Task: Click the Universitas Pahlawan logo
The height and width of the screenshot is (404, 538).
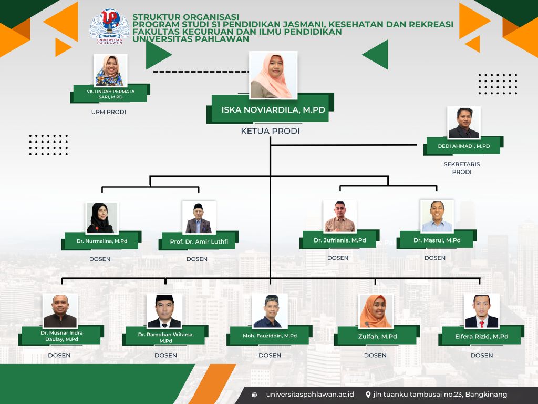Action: (109, 26)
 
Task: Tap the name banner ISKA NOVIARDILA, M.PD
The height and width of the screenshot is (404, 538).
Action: (271, 109)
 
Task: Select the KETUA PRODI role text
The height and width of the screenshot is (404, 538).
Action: (271, 131)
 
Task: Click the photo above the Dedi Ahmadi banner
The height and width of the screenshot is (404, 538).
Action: (464, 123)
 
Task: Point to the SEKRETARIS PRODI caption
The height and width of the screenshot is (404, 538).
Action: (462, 168)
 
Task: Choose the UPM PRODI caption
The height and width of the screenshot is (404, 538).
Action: (109, 112)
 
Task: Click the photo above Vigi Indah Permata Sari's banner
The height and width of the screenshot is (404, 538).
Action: (110, 70)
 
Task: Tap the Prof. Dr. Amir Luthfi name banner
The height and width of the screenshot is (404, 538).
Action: (199, 241)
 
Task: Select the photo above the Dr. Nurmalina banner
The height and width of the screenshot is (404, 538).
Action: (101, 218)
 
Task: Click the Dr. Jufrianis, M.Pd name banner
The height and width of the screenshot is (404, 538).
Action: (340, 239)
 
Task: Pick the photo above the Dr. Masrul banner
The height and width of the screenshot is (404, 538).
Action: (437, 216)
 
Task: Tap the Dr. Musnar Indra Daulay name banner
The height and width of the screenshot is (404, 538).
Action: (61, 335)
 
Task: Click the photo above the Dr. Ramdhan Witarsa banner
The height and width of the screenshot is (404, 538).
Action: (164, 310)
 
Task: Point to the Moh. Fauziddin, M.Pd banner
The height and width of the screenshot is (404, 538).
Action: (270, 335)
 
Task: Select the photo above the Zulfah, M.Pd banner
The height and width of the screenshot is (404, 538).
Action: (376, 310)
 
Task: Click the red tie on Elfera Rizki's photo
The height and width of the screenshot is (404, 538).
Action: (482, 324)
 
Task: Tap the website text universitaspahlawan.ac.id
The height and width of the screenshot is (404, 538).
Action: (310, 395)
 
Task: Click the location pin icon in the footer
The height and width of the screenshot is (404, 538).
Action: (368, 395)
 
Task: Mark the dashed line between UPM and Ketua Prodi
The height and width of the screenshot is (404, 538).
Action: (201, 72)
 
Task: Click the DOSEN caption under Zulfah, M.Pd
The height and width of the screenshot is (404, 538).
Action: (375, 355)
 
